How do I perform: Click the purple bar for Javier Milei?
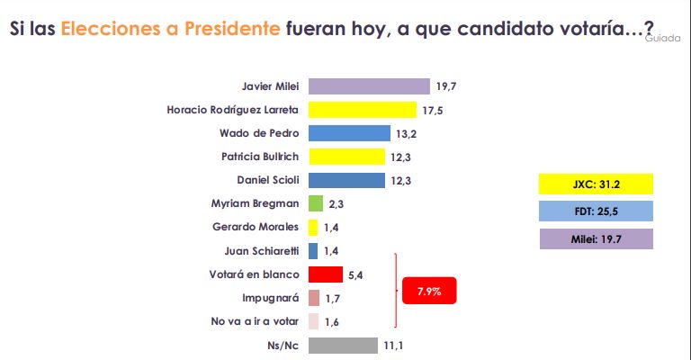(369, 86)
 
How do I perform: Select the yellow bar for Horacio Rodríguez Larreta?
(361, 110)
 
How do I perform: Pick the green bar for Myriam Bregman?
(316, 203)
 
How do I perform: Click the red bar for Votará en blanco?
(326, 274)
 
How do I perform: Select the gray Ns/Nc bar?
(343, 346)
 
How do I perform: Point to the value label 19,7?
(447, 86)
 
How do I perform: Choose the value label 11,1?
(393, 346)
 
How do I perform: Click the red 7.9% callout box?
(429, 291)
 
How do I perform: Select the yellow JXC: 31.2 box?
(595, 184)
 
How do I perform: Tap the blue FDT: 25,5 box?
(595, 211)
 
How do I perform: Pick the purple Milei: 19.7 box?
(595, 238)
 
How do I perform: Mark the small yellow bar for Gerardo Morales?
(313, 228)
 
